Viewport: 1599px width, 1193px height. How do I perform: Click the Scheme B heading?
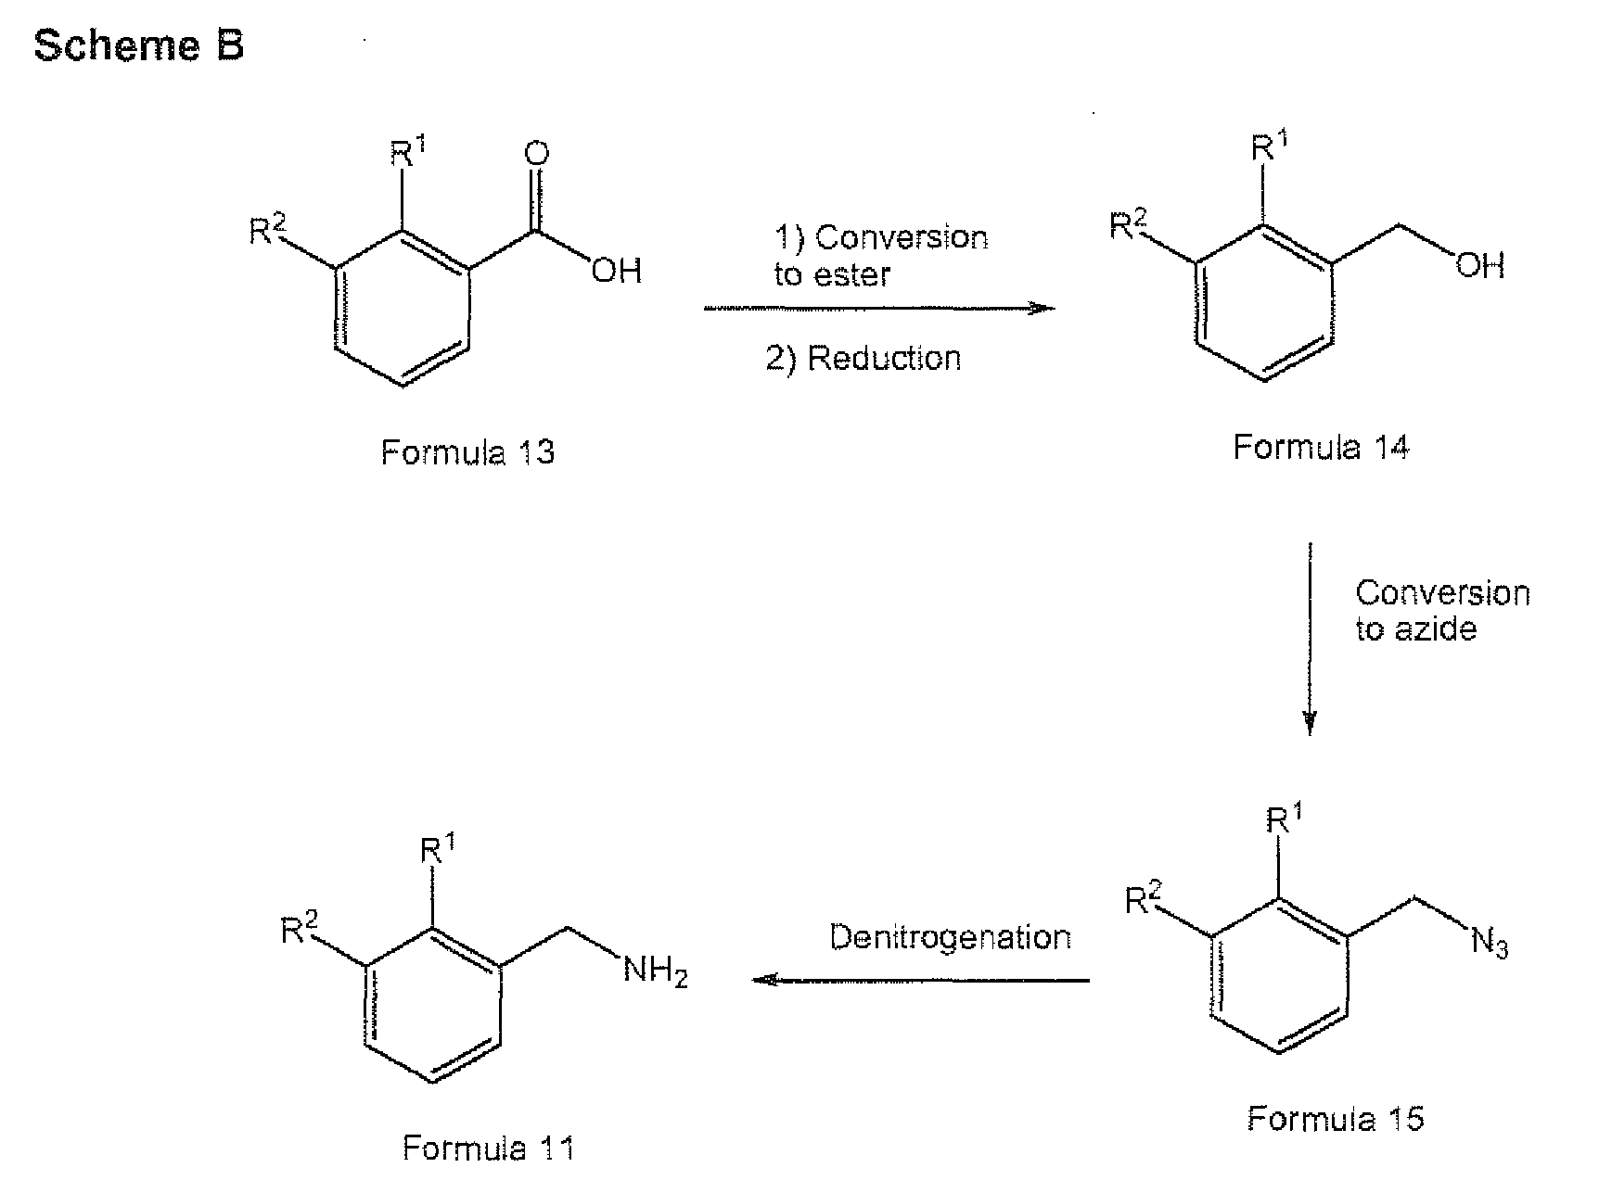[139, 44]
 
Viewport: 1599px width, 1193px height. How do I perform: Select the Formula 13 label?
[467, 452]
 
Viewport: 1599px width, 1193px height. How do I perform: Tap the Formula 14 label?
[1321, 448]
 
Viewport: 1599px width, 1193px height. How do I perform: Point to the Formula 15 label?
[1336, 1119]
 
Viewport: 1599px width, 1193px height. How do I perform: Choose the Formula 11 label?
[488, 1149]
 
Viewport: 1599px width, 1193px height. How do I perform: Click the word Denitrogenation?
[951, 937]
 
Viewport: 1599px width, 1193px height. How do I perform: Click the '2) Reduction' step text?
[863, 359]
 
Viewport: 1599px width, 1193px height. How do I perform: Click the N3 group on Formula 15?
[1490, 944]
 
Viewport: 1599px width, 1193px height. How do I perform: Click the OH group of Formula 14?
[1479, 267]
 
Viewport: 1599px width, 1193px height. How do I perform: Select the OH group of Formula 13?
[617, 271]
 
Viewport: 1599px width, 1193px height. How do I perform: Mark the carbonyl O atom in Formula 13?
[536, 155]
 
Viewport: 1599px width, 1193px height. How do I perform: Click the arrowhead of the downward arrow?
[1310, 725]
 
